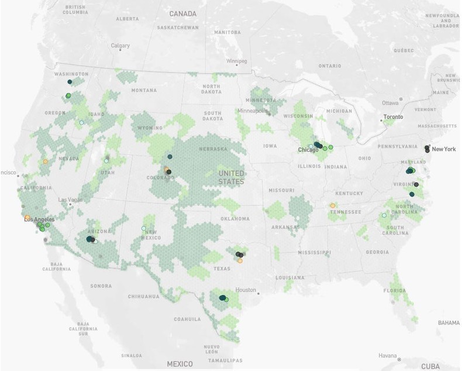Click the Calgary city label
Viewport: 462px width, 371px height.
(120, 45)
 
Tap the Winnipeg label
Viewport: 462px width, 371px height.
(237, 61)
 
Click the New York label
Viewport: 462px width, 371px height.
(443, 149)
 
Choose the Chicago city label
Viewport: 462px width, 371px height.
(308, 150)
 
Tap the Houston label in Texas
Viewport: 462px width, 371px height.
(246, 290)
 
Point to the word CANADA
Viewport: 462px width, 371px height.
(182, 13)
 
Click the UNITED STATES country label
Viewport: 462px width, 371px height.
(231, 178)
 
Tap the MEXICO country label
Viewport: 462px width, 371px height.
(180, 363)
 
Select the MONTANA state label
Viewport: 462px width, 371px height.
(144, 90)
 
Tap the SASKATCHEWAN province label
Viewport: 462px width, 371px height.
(178, 28)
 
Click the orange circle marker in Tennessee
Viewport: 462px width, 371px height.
(333, 205)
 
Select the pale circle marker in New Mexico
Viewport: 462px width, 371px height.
(144, 228)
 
